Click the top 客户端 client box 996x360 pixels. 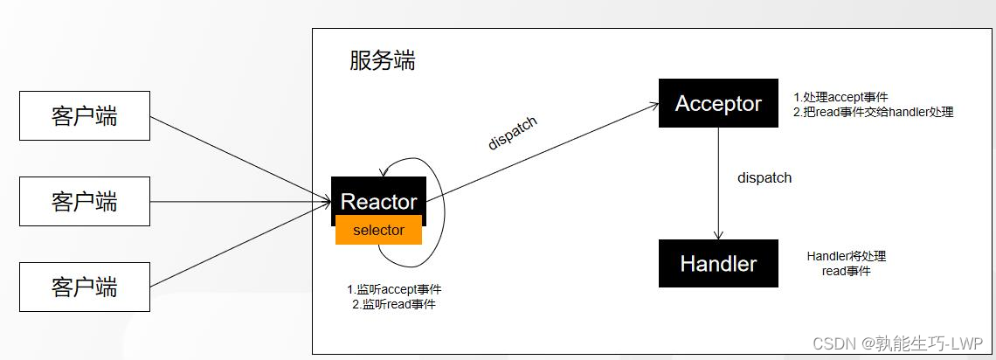pos(84,116)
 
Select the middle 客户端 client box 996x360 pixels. pos(84,202)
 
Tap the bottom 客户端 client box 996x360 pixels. pos(84,287)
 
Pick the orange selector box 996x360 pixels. pos(378,230)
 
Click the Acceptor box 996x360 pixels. pos(718,103)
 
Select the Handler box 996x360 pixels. pos(718,263)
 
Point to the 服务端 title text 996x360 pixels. pos(382,60)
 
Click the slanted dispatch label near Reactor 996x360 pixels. pos(513,133)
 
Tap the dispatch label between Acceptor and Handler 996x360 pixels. pos(764,177)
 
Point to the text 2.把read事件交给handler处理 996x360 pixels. pos(873,112)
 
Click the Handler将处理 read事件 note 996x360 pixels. pos(847,264)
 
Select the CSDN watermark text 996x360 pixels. pos(898,343)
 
